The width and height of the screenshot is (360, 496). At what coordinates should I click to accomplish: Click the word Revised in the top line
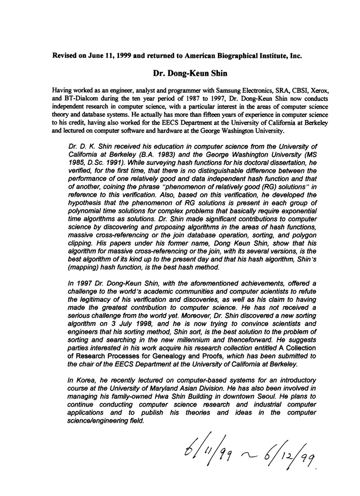(x=67, y=55)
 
